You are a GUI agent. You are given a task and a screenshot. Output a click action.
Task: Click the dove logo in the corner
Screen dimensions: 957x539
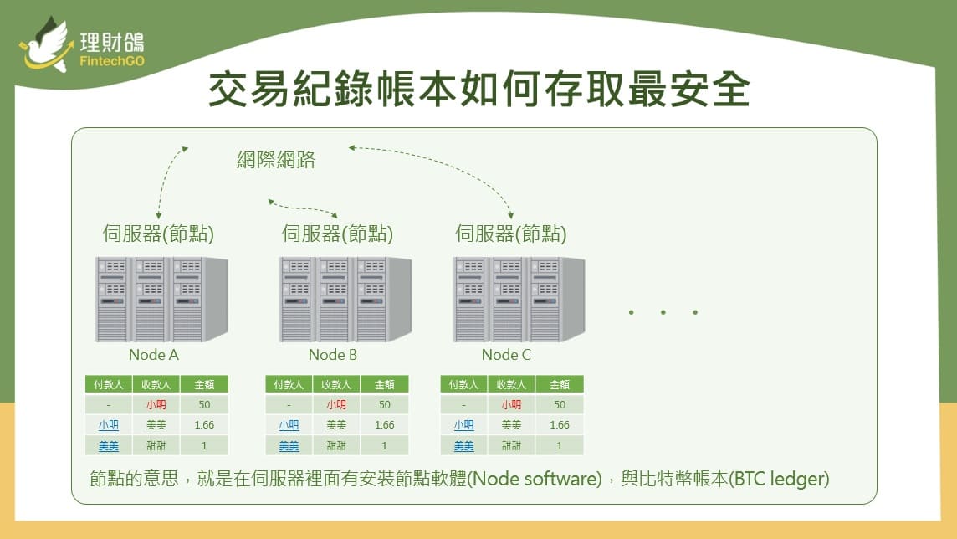click(x=47, y=46)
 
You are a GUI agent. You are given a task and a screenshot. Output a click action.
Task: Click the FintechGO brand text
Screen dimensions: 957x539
click(x=112, y=62)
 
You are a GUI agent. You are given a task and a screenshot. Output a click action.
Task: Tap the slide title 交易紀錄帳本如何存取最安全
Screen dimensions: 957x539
click(x=479, y=89)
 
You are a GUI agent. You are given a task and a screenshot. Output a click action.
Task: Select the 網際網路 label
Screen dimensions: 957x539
click(x=276, y=160)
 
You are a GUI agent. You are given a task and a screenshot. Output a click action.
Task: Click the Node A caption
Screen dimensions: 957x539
click(x=154, y=355)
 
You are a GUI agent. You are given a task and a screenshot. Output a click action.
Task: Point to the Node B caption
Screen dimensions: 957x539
click(x=333, y=355)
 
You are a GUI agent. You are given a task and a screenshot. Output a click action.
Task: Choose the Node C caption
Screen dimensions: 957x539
click(x=506, y=355)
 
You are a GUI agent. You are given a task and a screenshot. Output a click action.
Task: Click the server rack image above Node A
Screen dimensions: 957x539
click(x=161, y=299)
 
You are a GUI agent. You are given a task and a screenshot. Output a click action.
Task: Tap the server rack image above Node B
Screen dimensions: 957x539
click(x=345, y=299)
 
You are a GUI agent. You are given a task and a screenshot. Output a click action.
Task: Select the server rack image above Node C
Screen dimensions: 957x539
click(x=519, y=299)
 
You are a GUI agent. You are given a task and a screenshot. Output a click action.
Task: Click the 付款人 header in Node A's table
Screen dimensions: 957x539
click(x=109, y=384)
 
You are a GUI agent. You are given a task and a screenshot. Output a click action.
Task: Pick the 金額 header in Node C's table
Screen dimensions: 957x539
click(x=560, y=384)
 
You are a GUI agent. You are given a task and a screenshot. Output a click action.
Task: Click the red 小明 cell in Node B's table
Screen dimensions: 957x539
click(x=336, y=405)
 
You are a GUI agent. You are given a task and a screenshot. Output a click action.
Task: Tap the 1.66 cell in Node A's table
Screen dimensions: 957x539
click(x=204, y=425)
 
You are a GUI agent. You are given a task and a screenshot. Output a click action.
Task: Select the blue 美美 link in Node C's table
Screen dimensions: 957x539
click(x=463, y=446)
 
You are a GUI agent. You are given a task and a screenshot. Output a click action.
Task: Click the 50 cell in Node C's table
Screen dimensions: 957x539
click(x=560, y=405)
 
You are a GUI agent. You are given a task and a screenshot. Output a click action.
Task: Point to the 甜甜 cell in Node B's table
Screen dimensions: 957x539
click(x=336, y=446)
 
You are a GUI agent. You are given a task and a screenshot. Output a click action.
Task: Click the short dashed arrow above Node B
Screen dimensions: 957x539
click(x=302, y=208)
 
